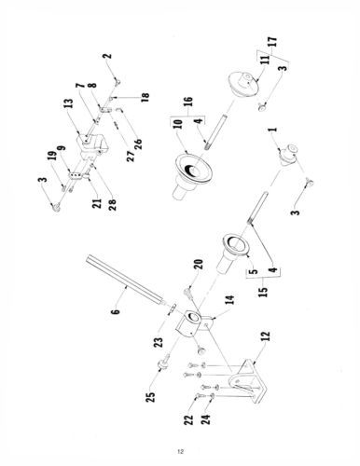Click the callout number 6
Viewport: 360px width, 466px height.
tap(115, 309)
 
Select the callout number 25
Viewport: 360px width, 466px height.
tap(150, 397)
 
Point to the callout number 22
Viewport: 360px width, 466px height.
tap(188, 419)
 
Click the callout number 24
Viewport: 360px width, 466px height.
tap(205, 418)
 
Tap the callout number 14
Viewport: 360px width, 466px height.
tap(229, 300)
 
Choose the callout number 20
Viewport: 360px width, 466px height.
tap(199, 265)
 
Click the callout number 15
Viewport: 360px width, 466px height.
tap(263, 291)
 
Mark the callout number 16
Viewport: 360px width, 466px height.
tap(188, 103)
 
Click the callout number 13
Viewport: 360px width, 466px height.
tap(69, 103)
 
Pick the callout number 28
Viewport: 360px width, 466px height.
tap(112, 205)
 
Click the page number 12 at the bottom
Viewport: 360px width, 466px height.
tap(181, 451)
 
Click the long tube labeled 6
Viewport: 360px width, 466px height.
tap(125, 279)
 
